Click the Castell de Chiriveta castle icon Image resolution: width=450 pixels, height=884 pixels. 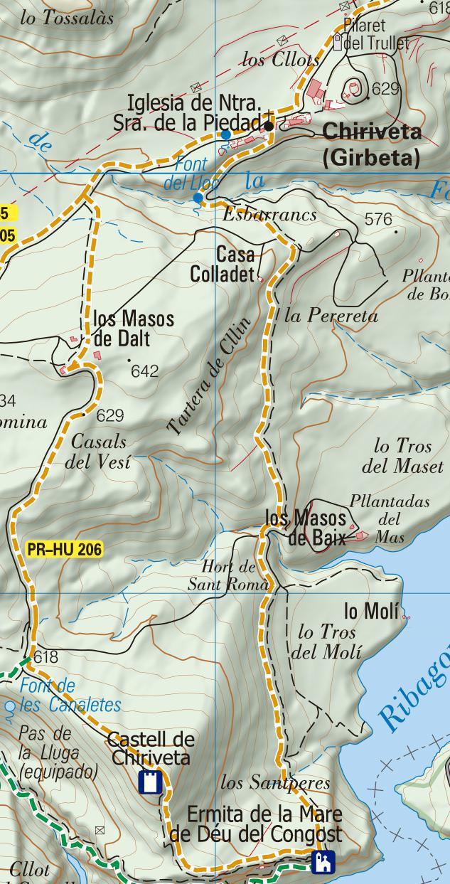tap(150, 782)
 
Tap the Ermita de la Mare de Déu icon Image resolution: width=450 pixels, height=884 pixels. tap(323, 862)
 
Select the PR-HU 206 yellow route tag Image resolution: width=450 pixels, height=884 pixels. tap(65, 549)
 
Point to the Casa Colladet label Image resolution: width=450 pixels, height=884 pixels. tap(223, 264)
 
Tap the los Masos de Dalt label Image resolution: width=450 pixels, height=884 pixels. tap(133, 329)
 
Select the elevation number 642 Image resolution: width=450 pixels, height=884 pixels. tap(144, 371)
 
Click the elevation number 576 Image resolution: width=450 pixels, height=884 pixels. tap(377, 220)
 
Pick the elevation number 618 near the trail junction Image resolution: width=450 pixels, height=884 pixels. tap(45, 657)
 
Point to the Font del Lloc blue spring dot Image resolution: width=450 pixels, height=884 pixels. tap(198, 197)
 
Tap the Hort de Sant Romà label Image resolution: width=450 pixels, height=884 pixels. tap(228, 576)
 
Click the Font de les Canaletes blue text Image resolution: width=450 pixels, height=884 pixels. tap(70, 696)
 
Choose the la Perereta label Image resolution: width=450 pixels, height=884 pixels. tap(331, 316)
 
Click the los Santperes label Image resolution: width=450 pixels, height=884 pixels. tap(275, 783)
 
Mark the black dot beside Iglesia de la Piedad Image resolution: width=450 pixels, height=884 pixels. tap(268, 126)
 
